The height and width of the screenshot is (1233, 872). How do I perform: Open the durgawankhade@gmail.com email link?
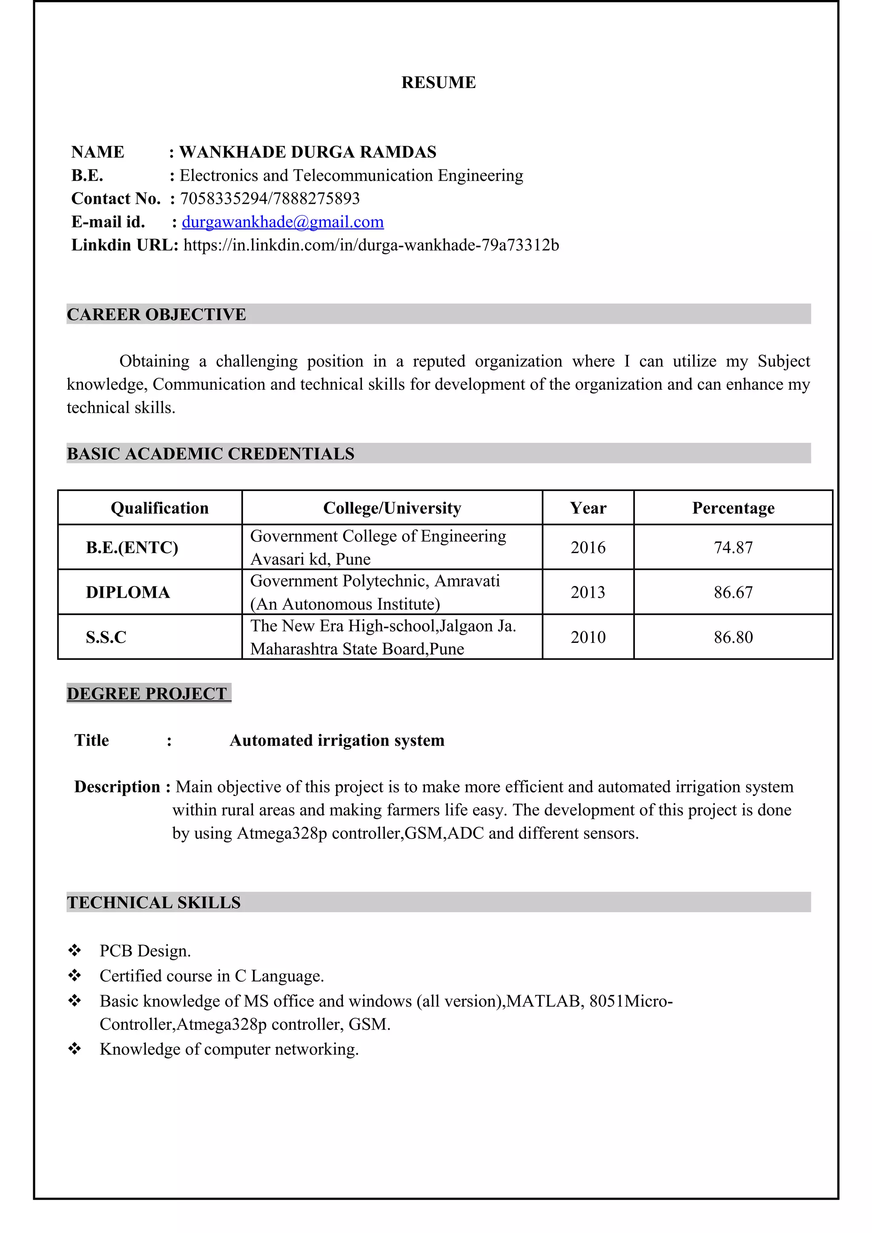coord(283,222)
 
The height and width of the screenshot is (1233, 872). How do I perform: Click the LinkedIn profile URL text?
coord(371,245)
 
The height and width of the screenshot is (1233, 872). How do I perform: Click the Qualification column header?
coord(160,508)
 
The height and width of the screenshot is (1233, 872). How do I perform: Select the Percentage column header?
coord(733,508)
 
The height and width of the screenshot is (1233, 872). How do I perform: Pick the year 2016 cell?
coord(588,547)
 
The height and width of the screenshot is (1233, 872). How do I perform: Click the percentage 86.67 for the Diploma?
coord(733,592)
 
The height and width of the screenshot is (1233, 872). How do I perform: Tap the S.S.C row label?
coord(106,637)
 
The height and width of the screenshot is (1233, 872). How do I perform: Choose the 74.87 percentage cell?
coord(733,547)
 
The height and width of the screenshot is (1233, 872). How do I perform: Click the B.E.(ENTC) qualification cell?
coord(132,547)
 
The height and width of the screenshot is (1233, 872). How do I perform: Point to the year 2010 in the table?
coord(588,637)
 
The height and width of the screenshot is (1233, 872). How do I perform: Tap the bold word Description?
coord(117,787)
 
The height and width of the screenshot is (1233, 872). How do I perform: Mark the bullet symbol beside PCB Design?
coord(75,950)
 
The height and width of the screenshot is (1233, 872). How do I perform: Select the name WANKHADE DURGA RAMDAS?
coord(307,152)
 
